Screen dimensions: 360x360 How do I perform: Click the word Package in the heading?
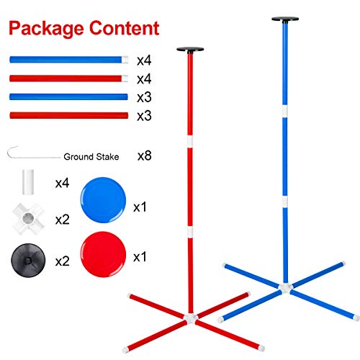[46, 29]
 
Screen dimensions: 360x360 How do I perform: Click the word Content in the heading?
[125, 28]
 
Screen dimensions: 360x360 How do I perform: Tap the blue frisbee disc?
[103, 200]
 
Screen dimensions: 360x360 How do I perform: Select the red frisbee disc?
[103, 254]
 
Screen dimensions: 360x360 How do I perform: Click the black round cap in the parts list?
[28, 261]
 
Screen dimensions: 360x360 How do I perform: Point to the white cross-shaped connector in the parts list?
[28, 218]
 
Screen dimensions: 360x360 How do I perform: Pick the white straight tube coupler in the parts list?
[28, 182]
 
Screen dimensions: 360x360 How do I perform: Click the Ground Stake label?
[91, 157]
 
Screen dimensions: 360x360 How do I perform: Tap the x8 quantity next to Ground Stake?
[145, 156]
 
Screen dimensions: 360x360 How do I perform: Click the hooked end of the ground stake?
[9, 152]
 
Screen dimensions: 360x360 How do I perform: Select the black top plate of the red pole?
[190, 50]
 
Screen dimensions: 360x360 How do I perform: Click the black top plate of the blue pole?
[285, 19]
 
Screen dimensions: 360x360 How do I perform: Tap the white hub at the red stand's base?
[191, 318]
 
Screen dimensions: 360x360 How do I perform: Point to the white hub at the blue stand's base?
[285, 287]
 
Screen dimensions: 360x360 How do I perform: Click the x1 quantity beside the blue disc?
[140, 207]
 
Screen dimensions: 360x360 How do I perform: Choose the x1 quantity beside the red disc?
[140, 257]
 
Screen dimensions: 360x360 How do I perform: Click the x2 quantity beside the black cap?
[62, 261]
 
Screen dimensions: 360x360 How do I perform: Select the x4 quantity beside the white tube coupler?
[62, 183]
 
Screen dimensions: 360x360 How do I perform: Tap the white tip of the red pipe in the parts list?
[125, 78]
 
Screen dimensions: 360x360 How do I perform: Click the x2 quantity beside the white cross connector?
[62, 220]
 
